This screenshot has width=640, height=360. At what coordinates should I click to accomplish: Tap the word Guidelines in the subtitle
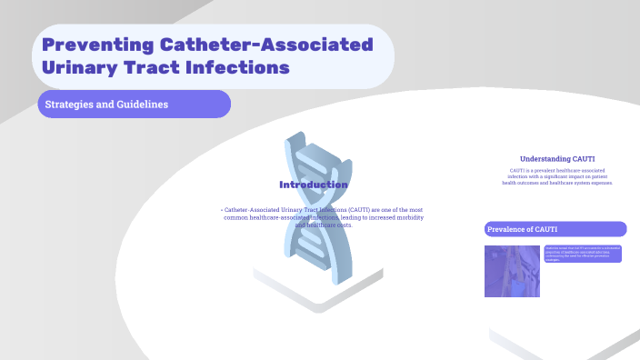click(144, 105)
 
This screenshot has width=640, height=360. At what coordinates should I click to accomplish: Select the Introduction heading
click(313, 185)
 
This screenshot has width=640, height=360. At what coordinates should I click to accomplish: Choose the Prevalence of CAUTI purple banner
click(555, 229)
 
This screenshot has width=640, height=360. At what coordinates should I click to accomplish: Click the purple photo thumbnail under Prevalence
click(512, 271)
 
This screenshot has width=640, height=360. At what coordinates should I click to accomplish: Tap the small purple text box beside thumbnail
click(583, 255)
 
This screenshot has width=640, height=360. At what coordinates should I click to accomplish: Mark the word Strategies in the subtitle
click(71, 105)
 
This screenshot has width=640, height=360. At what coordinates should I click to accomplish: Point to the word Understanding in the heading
click(545, 158)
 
